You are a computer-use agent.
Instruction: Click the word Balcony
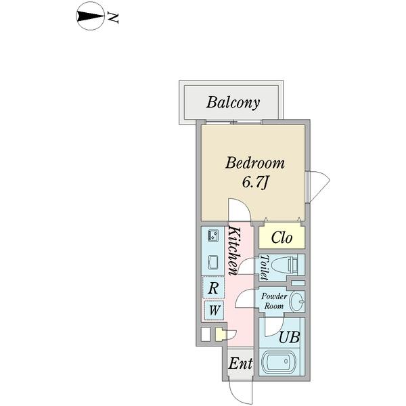(x=233, y=103)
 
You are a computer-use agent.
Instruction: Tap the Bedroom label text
(x=255, y=164)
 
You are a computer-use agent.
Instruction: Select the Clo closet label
(x=281, y=238)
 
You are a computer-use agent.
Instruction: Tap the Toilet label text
(x=264, y=267)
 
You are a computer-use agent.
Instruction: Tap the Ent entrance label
(x=240, y=364)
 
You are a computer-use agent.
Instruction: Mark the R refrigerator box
(x=213, y=288)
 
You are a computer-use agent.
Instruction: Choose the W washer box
(x=213, y=311)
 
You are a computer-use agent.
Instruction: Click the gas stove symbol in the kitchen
(x=212, y=236)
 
